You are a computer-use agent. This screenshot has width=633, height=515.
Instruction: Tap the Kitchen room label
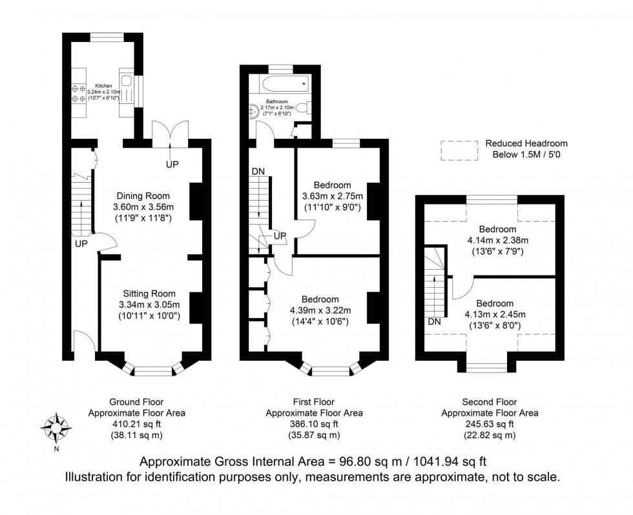point(104,85)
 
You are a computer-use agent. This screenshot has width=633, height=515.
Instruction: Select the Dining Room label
point(143,196)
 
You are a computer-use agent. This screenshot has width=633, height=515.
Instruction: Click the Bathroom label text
point(278,101)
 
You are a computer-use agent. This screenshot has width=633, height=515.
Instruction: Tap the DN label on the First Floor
point(258,172)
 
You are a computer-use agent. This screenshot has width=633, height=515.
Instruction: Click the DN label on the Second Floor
point(434,321)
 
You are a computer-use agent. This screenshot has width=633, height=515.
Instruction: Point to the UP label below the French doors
point(171,165)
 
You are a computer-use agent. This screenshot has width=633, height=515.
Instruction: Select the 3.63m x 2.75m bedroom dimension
point(333,196)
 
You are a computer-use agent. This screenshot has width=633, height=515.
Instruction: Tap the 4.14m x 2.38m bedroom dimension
point(497,240)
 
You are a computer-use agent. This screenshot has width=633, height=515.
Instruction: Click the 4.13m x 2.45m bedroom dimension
point(495,314)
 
